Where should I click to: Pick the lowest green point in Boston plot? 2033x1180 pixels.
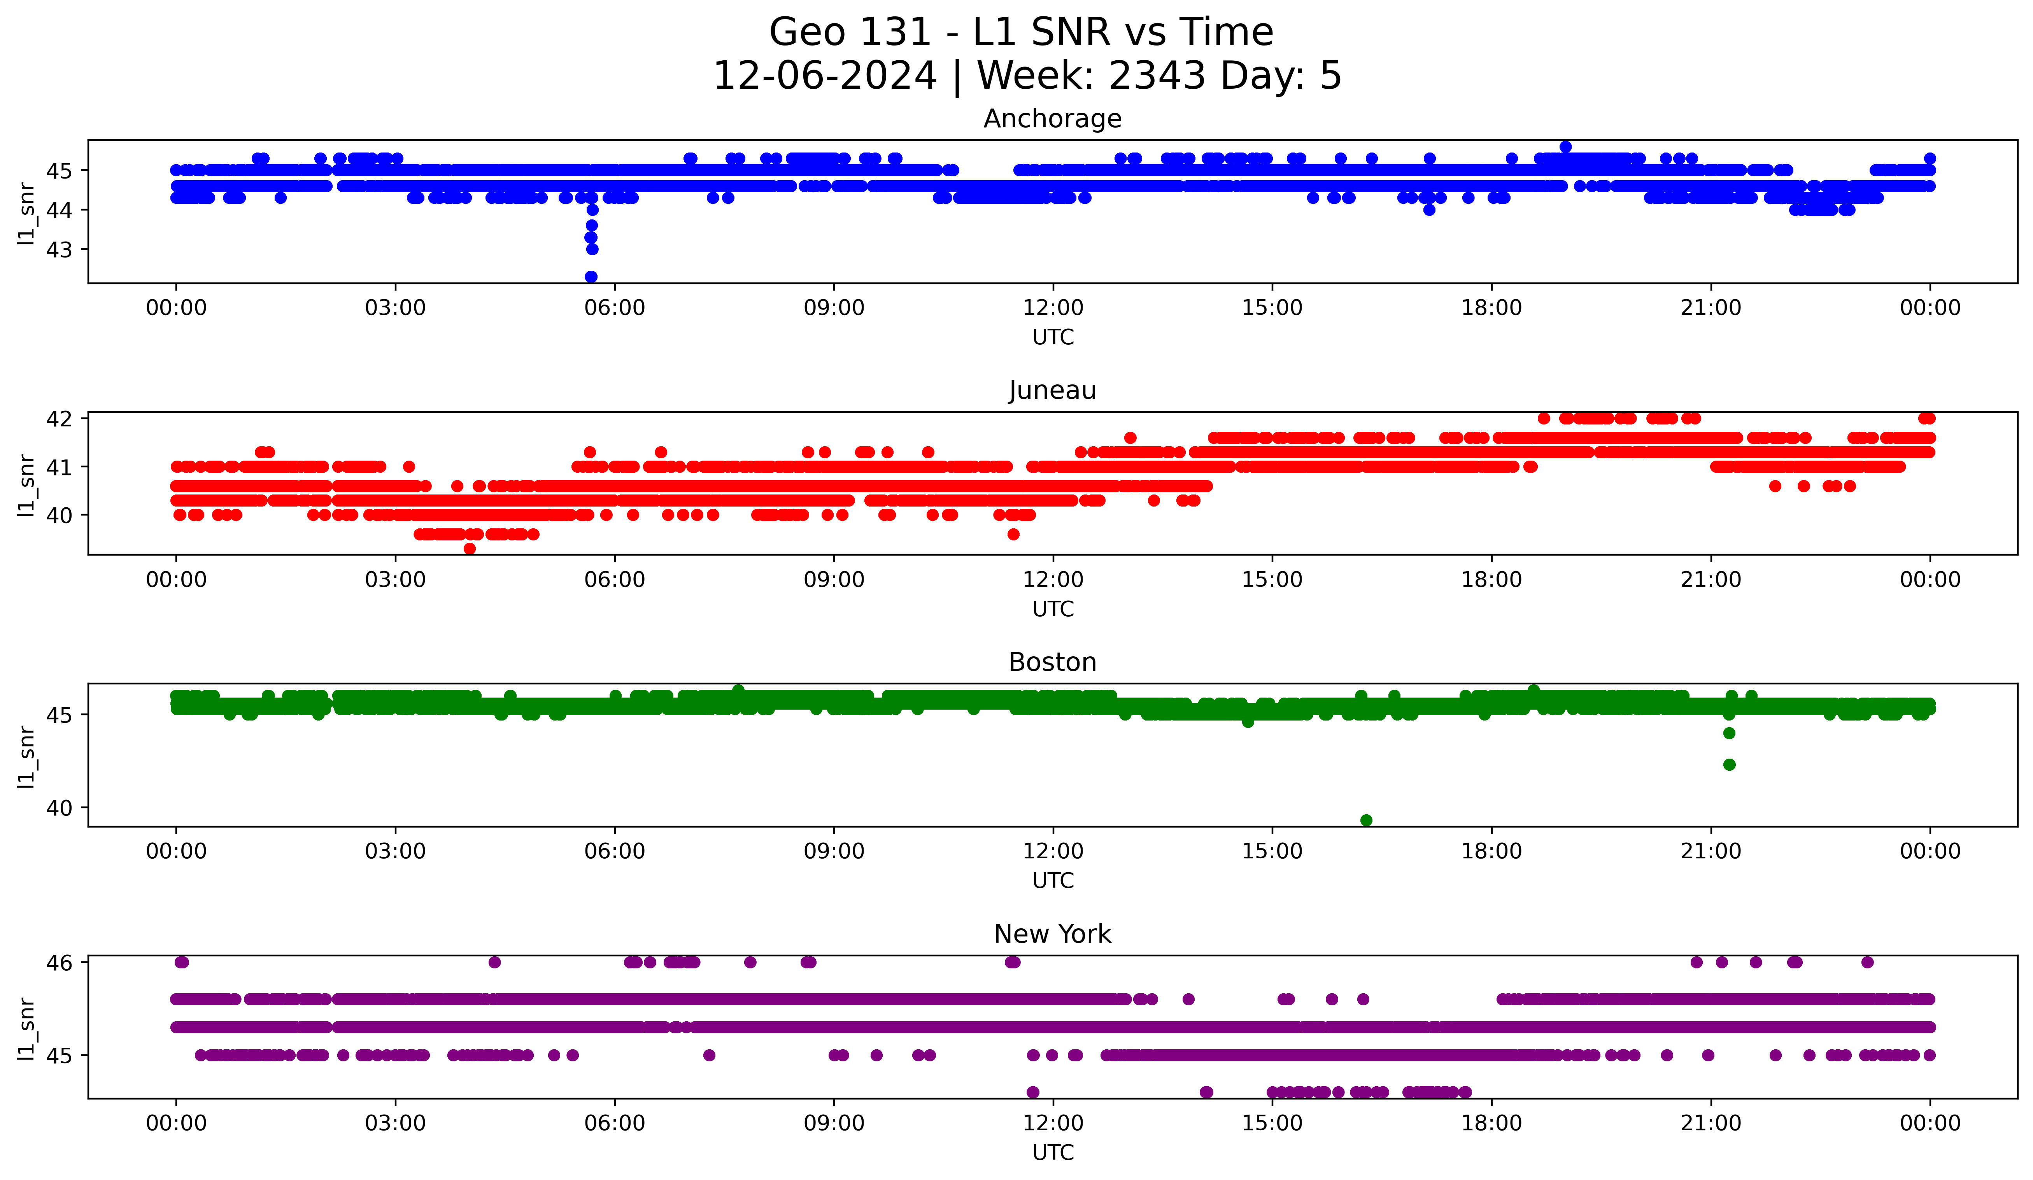(x=1366, y=820)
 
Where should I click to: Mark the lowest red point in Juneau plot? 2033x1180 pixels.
(x=470, y=549)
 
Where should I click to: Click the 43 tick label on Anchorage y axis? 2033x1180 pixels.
(x=59, y=250)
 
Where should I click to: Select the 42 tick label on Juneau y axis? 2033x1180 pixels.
(x=59, y=419)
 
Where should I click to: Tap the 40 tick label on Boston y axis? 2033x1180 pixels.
(x=59, y=808)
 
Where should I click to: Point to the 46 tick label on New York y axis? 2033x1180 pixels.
(x=59, y=962)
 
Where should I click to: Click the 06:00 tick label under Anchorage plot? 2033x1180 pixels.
(x=615, y=308)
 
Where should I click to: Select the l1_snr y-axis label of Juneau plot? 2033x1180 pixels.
(x=26, y=484)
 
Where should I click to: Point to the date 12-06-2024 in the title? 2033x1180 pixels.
(x=824, y=76)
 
